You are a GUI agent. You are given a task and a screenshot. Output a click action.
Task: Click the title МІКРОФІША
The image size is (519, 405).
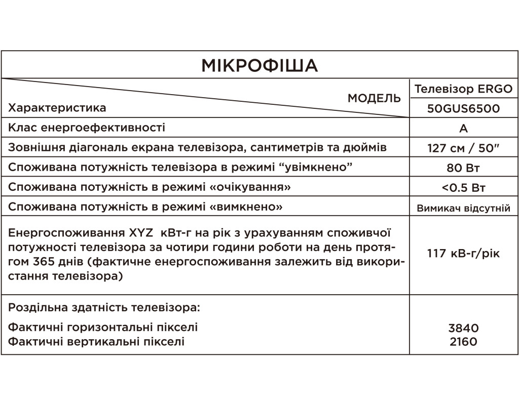pos(259,65)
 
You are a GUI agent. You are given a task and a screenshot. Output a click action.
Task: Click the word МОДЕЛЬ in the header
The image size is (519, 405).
pos(374,98)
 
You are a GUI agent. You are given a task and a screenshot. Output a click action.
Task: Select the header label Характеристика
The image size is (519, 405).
pos(58,108)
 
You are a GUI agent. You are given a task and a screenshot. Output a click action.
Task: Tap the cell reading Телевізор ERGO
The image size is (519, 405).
pos(463,89)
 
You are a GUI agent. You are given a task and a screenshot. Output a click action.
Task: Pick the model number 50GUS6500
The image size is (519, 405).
pos(463,108)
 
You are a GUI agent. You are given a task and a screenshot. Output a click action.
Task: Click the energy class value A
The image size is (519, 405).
pos(463,129)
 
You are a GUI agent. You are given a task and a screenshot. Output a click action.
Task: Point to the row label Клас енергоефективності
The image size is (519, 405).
pos(87,128)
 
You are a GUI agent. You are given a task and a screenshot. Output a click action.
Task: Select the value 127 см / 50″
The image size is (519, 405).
pos(463,148)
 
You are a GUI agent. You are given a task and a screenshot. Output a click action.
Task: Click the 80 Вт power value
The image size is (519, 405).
pos(463,168)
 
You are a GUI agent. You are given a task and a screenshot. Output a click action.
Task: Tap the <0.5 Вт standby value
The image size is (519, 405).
pos(463,188)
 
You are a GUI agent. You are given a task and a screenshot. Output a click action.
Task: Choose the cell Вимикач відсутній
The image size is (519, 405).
pos(463,208)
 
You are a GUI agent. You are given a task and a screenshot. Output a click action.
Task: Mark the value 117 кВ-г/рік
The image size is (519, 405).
pos(463,253)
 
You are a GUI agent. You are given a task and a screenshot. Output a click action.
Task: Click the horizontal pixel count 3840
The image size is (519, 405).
pos(463,328)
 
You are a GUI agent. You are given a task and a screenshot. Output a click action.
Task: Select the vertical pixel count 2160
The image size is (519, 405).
pos(463,342)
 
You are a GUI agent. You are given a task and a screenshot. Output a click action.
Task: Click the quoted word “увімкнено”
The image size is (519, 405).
pos(319,168)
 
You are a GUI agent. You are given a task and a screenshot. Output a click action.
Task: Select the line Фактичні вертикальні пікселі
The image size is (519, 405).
pos(96,342)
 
